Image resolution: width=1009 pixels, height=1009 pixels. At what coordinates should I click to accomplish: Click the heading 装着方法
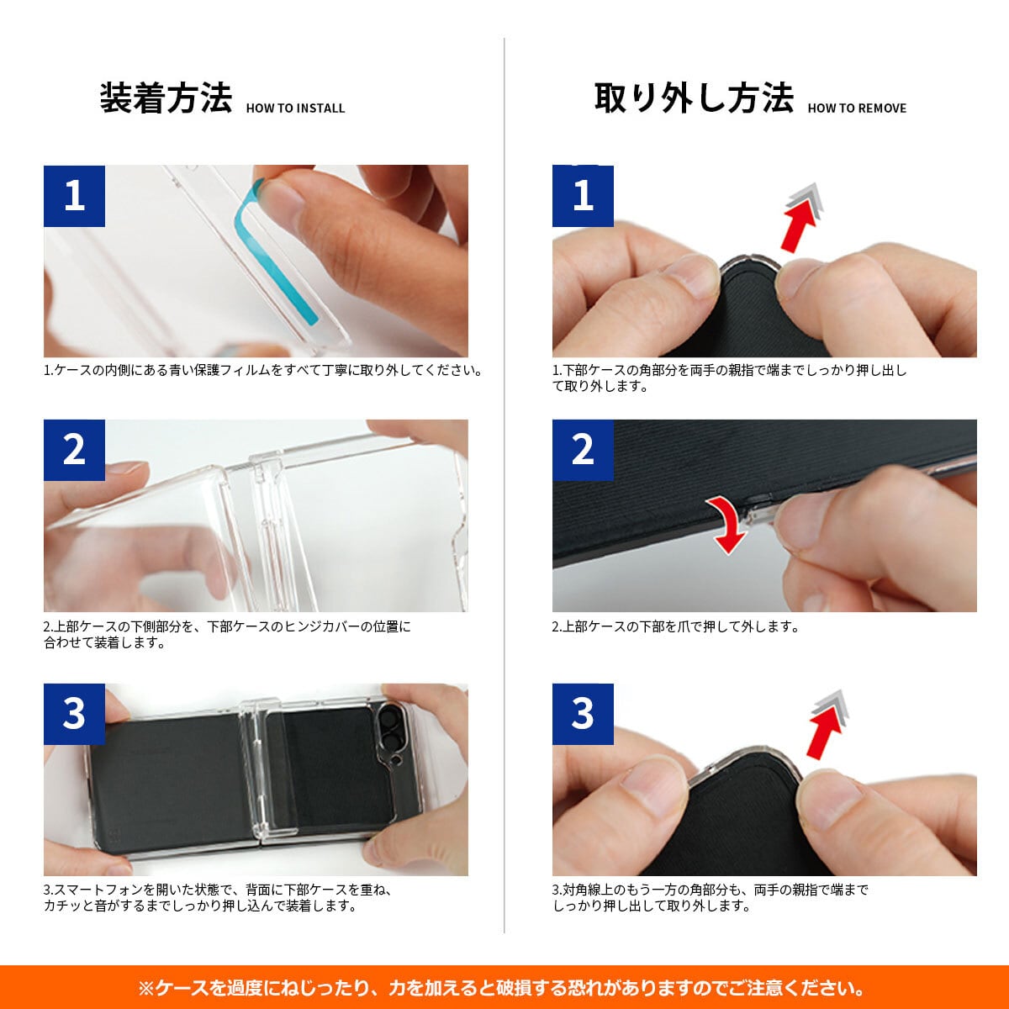pyautogui.click(x=166, y=98)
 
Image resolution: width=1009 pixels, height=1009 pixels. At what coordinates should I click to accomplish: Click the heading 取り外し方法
pyautogui.click(x=694, y=98)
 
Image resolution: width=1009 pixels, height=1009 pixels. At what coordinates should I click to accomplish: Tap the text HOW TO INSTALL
pyautogui.click(x=295, y=108)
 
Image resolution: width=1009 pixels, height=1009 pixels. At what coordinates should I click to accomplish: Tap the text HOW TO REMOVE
pyautogui.click(x=857, y=108)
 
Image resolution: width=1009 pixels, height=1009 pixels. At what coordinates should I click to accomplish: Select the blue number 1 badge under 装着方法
pyautogui.click(x=74, y=197)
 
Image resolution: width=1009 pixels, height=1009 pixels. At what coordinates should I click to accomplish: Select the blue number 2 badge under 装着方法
pyautogui.click(x=74, y=450)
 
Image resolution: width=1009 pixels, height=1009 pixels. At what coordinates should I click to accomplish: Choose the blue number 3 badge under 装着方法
pyautogui.click(x=74, y=714)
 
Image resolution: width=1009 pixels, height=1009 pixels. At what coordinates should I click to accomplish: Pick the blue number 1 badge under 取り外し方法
pyautogui.click(x=583, y=197)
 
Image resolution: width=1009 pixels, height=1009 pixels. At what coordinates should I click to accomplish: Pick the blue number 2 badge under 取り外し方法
pyautogui.click(x=583, y=450)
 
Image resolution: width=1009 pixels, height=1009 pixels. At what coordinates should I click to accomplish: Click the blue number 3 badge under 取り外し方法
pyautogui.click(x=583, y=714)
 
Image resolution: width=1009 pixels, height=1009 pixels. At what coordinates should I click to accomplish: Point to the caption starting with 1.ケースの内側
pyautogui.click(x=263, y=371)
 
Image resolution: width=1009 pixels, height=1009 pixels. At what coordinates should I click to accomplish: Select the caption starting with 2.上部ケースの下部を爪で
pyautogui.click(x=675, y=626)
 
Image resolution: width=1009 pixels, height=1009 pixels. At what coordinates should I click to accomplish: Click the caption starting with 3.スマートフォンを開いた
pyautogui.click(x=218, y=897)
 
